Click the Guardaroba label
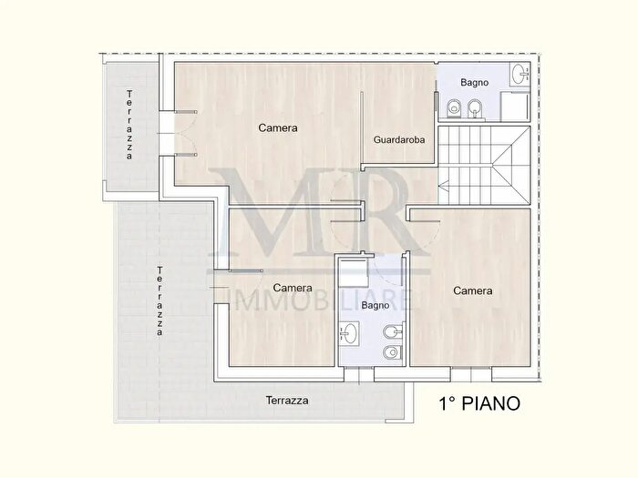tap(399, 140)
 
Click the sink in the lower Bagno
tap(348, 333)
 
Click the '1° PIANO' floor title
tap(479, 402)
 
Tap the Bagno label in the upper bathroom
tap(474, 83)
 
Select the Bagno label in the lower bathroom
tap(376, 306)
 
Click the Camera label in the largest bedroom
tap(277, 128)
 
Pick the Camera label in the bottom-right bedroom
tap(472, 291)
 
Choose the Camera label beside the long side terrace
tap(292, 289)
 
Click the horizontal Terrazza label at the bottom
tap(287, 401)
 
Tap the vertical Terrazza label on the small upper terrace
tap(130, 126)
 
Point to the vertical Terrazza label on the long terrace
tap(159, 301)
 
